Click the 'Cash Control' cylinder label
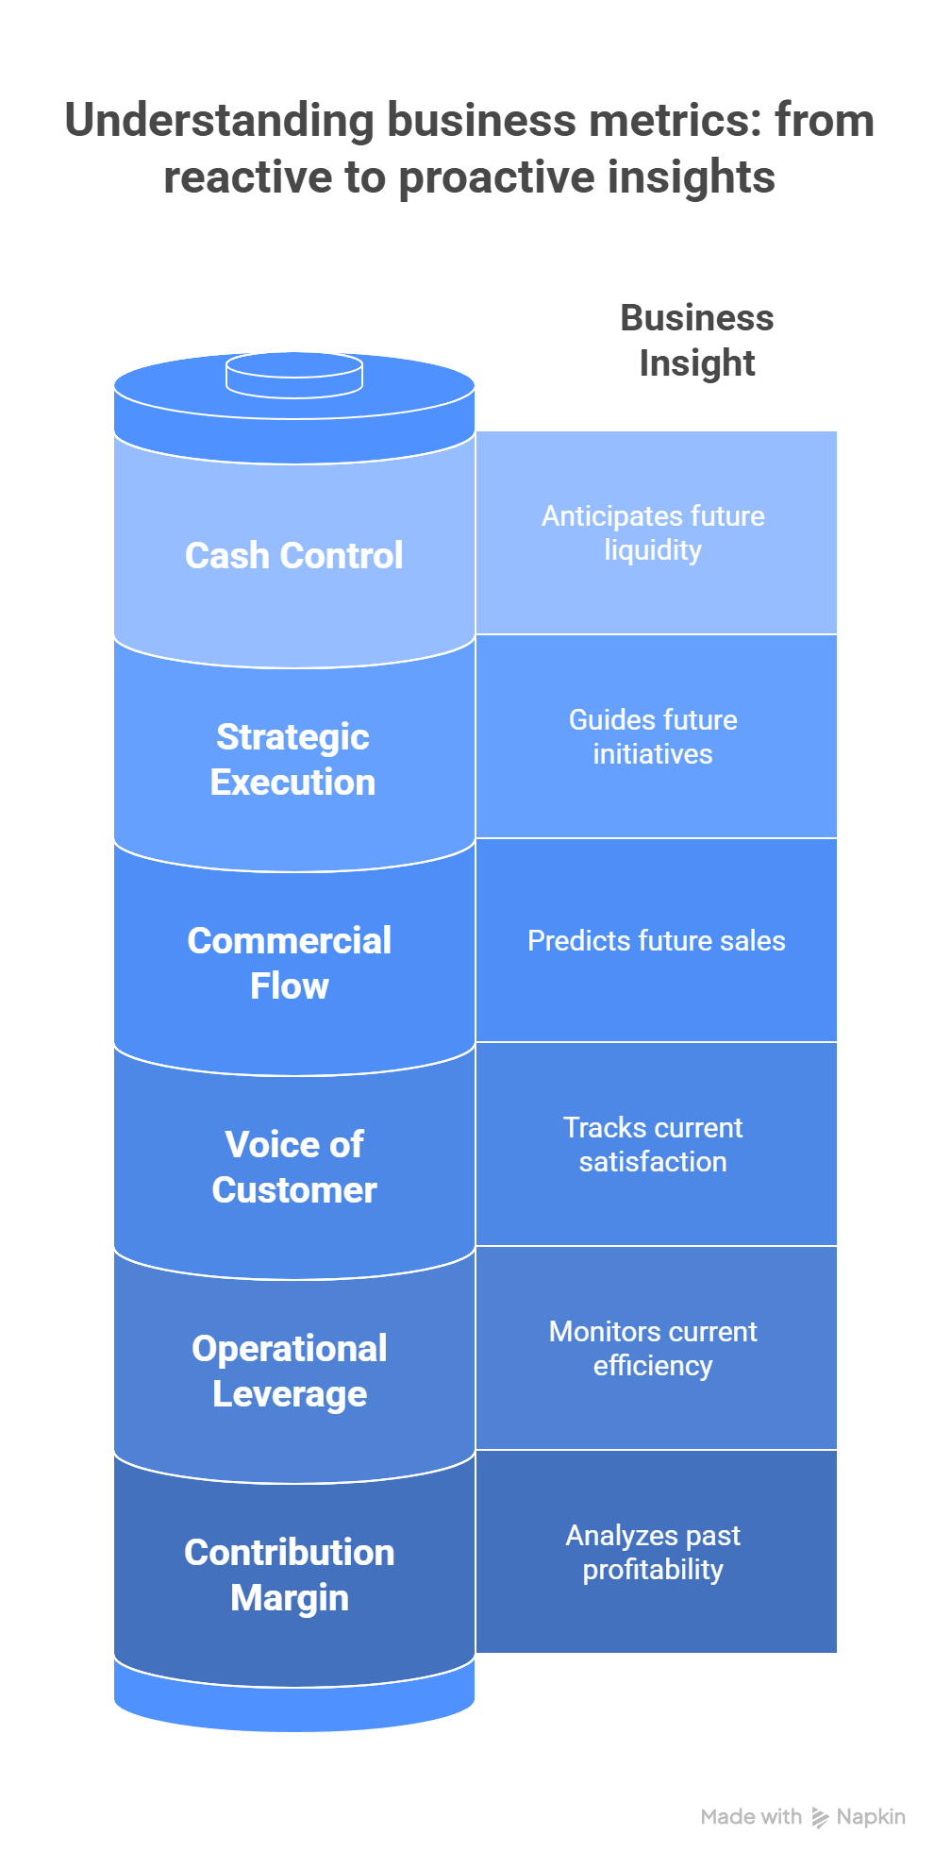tap(293, 555)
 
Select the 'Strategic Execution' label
tap(292, 759)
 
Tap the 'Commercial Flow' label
tap(289, 963)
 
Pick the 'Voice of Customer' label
tap(293, 1167)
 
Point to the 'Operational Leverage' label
tap(289, 1371)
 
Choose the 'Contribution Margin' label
tap(289, 1574)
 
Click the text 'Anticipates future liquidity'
tap(653, 532)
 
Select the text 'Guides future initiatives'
tap(653, 736)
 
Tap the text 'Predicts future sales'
tap(656, 940)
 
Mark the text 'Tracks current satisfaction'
tap(653, 1144)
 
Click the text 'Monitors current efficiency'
tap(653, 1348)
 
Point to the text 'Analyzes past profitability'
tap(653, 1552)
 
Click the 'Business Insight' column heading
tap(696, 340)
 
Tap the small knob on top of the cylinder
tap(294, 374)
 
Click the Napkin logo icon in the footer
tap(820, 1817)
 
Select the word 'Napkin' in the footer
tap(871, 1816)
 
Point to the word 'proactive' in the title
tap(496, 177)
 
